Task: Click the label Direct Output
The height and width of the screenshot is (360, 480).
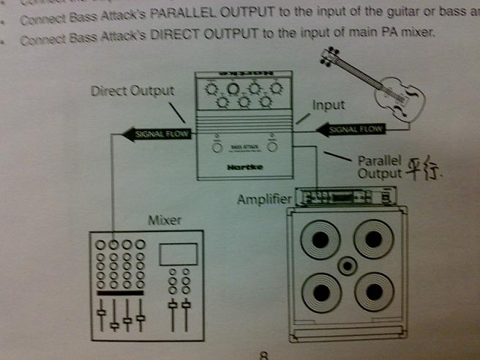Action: click(x=132, y=91)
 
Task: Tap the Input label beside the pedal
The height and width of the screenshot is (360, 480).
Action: click(x=328, y=105)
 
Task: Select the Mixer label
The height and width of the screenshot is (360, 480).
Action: click(x=165, y=220)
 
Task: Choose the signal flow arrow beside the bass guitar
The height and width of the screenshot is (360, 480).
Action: click(x=350, y=130)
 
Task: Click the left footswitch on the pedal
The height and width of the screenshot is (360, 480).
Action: click(x=217, y=147)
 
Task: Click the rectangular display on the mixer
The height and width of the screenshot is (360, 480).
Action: click(x=178, y=253)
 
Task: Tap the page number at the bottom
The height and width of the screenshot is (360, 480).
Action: click(x=263, y=356)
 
